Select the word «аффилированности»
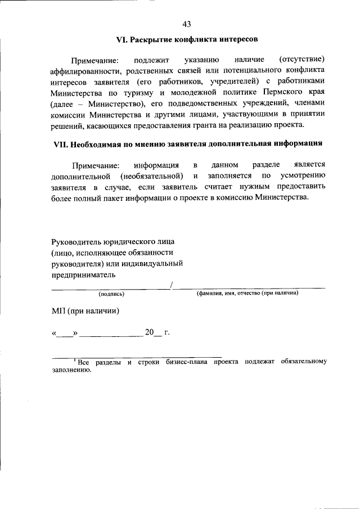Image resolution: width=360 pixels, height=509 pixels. click(83, 71)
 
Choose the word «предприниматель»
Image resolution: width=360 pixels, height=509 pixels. click(83, 274)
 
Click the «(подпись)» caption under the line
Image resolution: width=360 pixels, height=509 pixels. click(111, 294)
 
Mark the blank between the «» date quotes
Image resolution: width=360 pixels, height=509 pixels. click(65, 333)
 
